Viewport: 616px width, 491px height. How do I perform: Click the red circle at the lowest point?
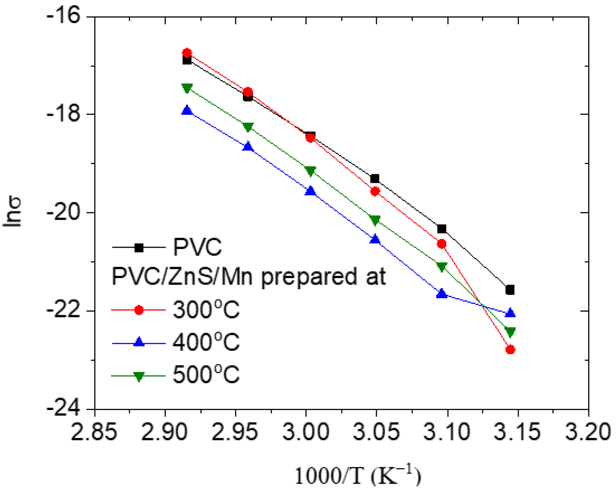[x=510, y=349]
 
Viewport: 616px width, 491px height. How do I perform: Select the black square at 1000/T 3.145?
[x=510, y=290]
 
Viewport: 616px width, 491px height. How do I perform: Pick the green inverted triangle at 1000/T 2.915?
[x=187, y=88]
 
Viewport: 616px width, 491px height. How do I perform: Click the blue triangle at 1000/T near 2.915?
[x=187, y=111]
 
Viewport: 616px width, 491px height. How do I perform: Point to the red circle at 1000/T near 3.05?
[x=375, y=191]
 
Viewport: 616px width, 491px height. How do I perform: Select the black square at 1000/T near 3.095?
[x=442, y=229]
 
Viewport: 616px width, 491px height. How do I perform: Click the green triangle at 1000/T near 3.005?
[x=310, y=171]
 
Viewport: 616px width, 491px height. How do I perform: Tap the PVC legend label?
[x=197, y=247]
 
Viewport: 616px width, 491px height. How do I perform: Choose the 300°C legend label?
[x=206, y=310]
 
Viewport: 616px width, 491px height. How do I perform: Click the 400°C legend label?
[x=206, y=342]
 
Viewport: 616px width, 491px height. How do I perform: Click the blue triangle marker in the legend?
[x=139, y=342]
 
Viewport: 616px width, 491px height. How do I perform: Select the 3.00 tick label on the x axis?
[x=306, y=432]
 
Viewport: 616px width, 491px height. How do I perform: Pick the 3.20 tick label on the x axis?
[x=588, y=432]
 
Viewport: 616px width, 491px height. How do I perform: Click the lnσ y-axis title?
[x=13, y=212]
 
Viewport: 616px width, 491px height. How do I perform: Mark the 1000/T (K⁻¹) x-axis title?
[x=357, y=475]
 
